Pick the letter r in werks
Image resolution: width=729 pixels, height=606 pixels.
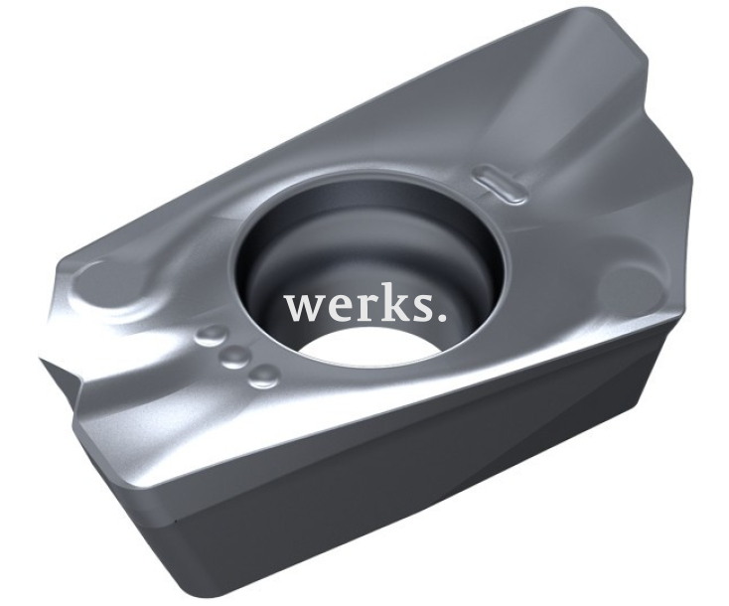(364, 309)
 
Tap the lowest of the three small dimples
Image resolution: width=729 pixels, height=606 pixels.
(264, 374)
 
